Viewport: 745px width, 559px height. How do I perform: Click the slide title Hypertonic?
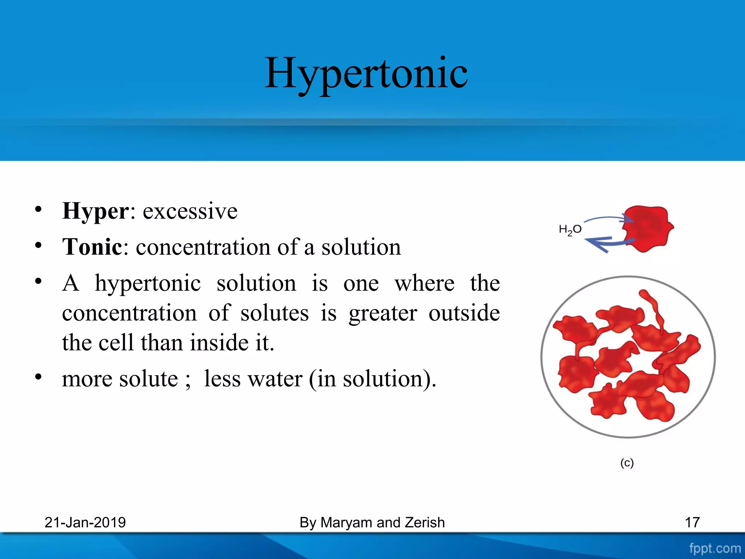click(x=366, y=74)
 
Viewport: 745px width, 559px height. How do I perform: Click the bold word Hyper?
click(x=95, y=211)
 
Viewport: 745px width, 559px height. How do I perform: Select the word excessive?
click(x=190, y=211)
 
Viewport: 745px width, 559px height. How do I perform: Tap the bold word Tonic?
click(x=92, y=247)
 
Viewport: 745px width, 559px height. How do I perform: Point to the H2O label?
click(x=570, y=230)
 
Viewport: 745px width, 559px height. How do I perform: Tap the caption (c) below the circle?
click(x=627, y=463)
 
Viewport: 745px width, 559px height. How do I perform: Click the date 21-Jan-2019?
click(x=85, y=523)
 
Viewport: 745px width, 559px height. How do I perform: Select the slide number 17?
click(x=692, y=523)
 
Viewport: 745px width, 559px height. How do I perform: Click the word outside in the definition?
click(x=464, y=313)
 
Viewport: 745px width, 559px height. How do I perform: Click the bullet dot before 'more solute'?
click(x=39, y=377)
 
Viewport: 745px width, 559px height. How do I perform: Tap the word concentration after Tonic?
click(x=202, y=247)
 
